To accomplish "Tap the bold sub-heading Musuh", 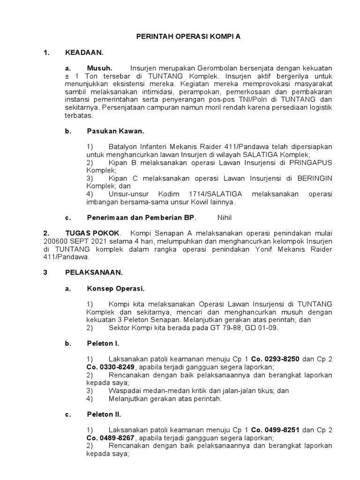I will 99,68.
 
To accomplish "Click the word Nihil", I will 225,217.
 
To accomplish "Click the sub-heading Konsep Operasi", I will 116,288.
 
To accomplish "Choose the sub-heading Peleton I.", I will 103,344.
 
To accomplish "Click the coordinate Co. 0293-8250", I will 275,359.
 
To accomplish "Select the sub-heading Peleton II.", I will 104,414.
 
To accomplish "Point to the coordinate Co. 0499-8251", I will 275,430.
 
